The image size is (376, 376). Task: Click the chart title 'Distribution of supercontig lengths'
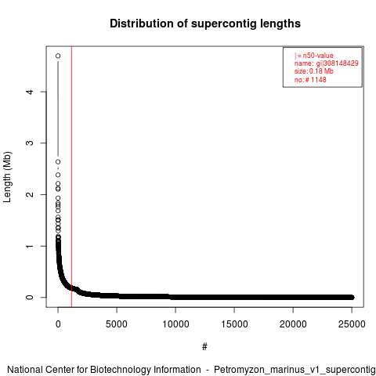205,23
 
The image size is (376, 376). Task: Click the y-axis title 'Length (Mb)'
7,177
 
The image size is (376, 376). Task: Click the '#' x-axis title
204,347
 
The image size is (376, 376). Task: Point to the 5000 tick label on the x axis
117,324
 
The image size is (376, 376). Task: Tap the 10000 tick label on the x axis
175,324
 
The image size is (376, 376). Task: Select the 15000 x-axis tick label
234,324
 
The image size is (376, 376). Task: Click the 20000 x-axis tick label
293,324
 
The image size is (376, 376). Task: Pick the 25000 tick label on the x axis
352,324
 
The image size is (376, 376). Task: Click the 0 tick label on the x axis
58,324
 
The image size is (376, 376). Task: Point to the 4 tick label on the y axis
30,92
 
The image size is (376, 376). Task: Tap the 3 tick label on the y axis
30,143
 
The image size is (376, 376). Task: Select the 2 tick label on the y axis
30,194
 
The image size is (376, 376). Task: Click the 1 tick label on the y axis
30,246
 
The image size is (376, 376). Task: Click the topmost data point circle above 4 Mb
58,56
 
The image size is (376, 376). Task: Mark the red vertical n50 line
71,177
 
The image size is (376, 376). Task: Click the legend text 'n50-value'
318,56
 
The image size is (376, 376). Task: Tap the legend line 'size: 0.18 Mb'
314,71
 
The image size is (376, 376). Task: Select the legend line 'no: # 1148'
310,79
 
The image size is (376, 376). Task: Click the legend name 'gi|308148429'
338,63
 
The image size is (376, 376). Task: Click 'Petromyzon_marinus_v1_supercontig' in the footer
295,370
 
